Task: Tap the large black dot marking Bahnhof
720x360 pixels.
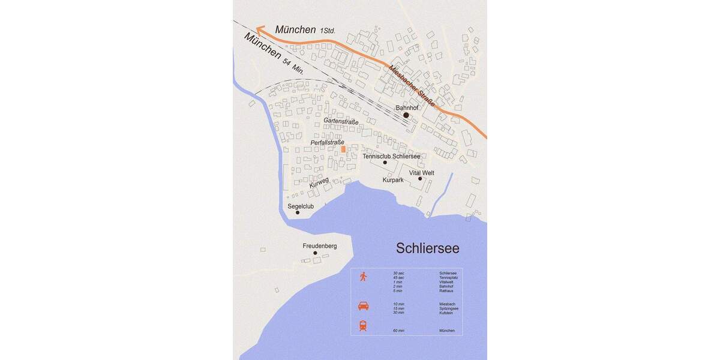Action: click(x=406, y=115)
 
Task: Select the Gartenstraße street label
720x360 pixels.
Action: click(x=341, y=121)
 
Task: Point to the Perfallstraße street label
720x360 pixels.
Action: click(x=328, y=142)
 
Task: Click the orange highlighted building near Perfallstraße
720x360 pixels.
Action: click(x=343, y=149)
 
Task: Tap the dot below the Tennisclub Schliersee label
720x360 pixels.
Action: click(x=385, y=163)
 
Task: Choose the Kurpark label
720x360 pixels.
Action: click(x=393, y=180)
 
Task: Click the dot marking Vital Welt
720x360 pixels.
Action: click(x=420, y=178)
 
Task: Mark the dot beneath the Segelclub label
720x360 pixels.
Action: click(x=298, y=212)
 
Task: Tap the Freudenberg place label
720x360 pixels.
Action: click(x=320, y=246)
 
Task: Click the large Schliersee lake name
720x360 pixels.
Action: click(x=427, y=248)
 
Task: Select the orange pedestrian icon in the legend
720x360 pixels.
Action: click(x=363, y=277)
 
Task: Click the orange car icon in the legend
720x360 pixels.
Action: click(x=364, y=305)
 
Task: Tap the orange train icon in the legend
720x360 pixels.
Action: click(x=363, y=326)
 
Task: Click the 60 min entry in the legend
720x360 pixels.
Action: click(x=399, y=331)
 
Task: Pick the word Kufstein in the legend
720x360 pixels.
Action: click(x=446, y=313)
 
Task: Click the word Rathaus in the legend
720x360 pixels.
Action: click(x=446, y=291)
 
